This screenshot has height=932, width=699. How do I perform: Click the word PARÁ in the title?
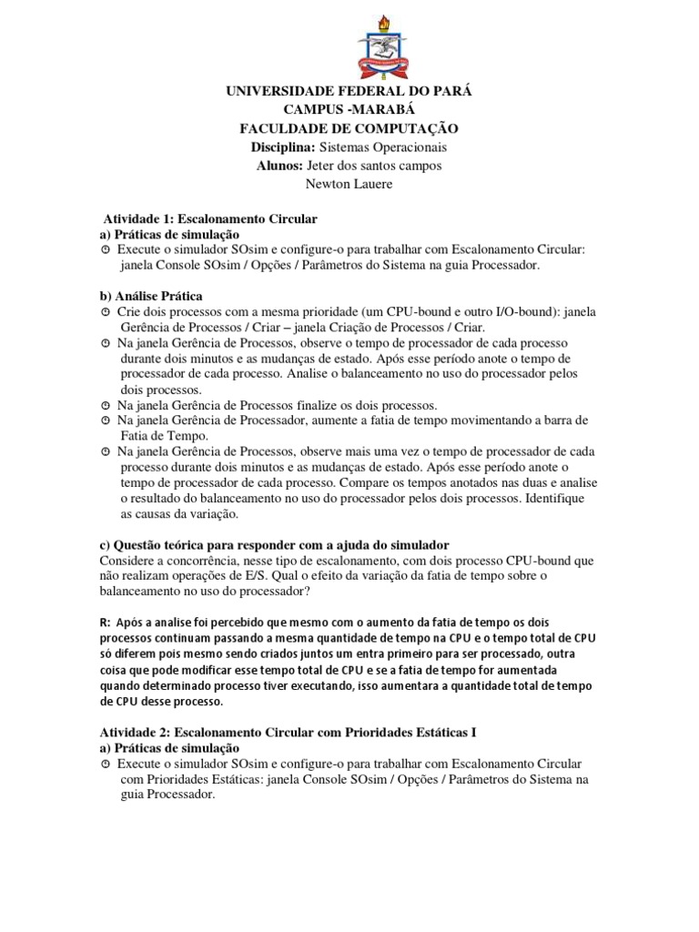pos(452,93)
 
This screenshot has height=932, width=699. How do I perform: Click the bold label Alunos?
pos(289,166)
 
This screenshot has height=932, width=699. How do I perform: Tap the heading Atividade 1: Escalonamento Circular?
pos(208,219)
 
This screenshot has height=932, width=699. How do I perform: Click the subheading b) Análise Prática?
pos(150,296)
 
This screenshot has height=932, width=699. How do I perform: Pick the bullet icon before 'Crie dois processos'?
pos(106,312)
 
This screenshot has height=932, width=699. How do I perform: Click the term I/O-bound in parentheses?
pos(519,311)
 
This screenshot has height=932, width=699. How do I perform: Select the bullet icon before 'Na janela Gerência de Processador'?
pos(106,420)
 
